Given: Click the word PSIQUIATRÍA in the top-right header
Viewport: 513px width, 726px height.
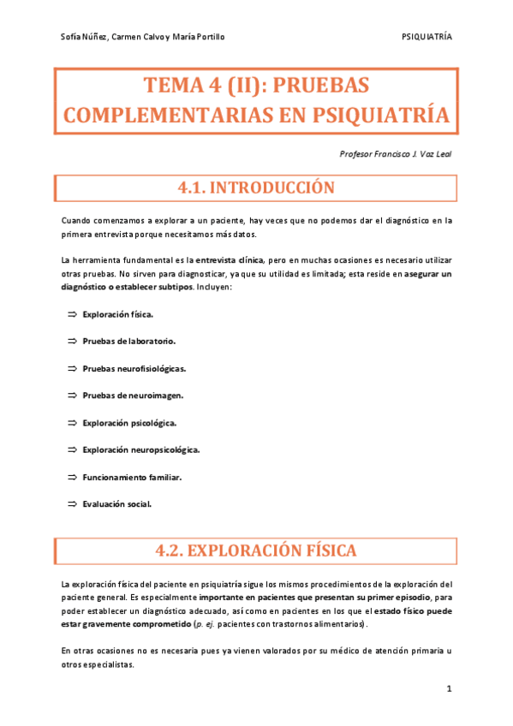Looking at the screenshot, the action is click(427, 37).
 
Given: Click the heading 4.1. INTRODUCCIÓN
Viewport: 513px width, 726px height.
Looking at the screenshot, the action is click(254, 187).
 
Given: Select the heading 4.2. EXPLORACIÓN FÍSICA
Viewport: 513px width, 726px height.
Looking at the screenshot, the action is click(254, 550).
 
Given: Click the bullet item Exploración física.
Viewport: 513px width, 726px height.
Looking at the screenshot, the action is click(118, 315).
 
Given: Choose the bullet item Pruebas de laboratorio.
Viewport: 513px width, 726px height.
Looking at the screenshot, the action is click(129, 342).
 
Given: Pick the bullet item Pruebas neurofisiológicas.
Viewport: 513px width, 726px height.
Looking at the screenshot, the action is click(134, 369).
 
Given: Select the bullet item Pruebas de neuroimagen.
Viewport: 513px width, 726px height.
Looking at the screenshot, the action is click(133, 396).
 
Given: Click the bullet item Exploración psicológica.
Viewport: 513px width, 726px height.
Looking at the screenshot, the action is click(130, 423).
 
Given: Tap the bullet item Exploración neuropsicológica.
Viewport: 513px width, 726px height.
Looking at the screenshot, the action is click(141, 449).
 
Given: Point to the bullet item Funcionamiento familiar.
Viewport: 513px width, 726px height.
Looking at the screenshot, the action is click(132, 477).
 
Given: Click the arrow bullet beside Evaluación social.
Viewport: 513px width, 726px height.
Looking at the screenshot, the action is click(72, 503).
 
